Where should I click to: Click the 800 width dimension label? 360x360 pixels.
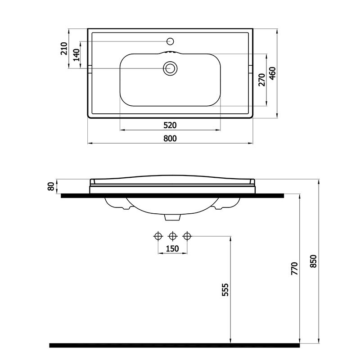tap(170, 139)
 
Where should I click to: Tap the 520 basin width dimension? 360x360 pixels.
tap(170, 126)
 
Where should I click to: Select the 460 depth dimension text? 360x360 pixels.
tap(273, 73)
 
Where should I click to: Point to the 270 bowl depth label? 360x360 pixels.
tap(262, 80)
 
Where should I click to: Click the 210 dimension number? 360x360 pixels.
tap(64, 49)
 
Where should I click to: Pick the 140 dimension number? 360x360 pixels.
tap(76, 54)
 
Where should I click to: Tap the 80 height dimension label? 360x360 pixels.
tap(51, 186)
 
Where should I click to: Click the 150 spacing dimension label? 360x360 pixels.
tap(172, 249)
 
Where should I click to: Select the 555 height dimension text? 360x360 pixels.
tap(225, 289)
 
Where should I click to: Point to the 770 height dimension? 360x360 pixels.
tap(294, 268)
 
